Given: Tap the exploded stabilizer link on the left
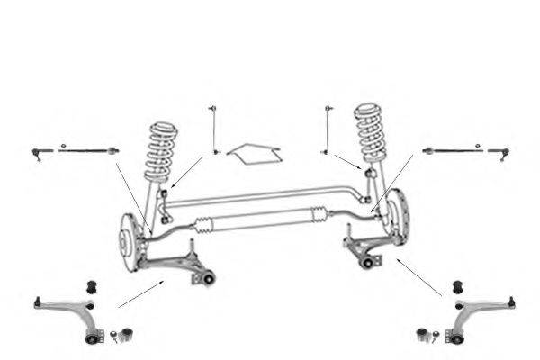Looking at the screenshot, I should tap(214, 130).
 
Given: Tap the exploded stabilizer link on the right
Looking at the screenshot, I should tap(327, 130).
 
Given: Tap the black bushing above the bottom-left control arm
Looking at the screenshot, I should tap(90, 287).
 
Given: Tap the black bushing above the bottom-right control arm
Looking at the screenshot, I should tap(455, 287).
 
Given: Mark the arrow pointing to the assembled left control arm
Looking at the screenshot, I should tap(139, 293).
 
